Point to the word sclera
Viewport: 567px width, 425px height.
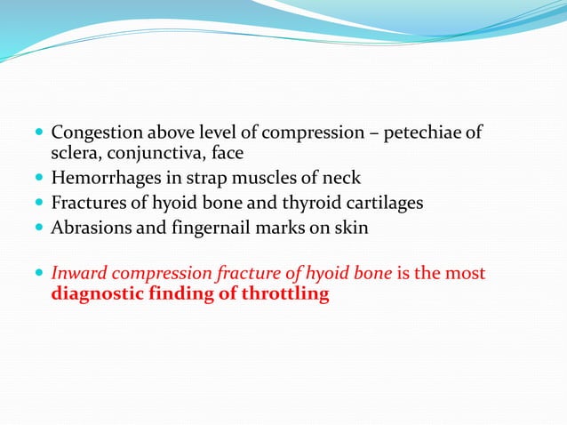pos(75,153)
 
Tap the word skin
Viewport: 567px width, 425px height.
pos(350,228)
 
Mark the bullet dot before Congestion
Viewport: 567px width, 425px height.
pos(40,134)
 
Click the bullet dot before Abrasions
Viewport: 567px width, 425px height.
pos(40,229)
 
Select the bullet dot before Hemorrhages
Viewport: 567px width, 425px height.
pos(40,179)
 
